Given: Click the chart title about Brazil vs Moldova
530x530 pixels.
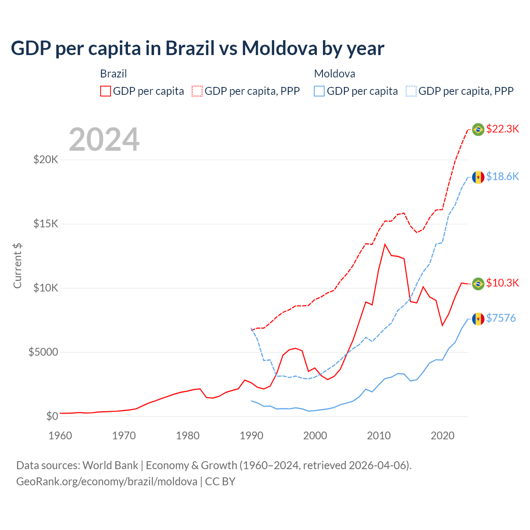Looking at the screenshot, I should click(198, 48).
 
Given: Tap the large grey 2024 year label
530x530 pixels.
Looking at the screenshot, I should click(104, 140).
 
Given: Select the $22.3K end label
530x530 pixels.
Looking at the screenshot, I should click(502, 129).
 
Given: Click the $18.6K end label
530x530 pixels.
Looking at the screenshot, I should click(502, 176).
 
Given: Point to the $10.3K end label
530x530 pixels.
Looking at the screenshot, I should click(502, 283).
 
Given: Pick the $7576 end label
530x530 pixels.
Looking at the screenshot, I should click(501, 318).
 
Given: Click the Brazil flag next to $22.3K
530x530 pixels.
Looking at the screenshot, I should click(478, 130).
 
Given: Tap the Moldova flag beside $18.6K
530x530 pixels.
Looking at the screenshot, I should click(478, 177).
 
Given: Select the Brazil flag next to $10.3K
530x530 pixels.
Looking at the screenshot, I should click(478, 284).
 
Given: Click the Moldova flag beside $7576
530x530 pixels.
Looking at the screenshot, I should click(478, 319).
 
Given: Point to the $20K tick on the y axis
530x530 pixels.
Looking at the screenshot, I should click(46, 159).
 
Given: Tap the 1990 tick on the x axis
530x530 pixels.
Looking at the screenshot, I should click(251, 436).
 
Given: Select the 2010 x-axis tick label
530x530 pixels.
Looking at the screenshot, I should click(379, 436).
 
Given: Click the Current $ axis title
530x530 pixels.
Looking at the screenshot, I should click(17, 265).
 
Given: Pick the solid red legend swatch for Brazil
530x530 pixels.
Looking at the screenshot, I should click(106, 91).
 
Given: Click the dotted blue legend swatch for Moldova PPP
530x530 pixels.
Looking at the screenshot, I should click(411, 91).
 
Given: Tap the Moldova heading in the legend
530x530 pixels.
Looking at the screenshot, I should click(335, 74).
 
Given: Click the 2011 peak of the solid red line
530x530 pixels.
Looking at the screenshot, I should click(385, 244).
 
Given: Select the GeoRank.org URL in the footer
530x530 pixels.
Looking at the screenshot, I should click(107, 482).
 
